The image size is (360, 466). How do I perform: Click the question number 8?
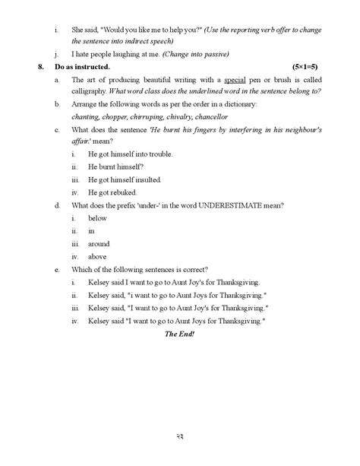tap(39, 68)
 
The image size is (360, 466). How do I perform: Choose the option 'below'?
tap(97, 218)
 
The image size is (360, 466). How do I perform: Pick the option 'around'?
tap(99, 244)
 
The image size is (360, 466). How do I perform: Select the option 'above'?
tap(97, 256)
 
